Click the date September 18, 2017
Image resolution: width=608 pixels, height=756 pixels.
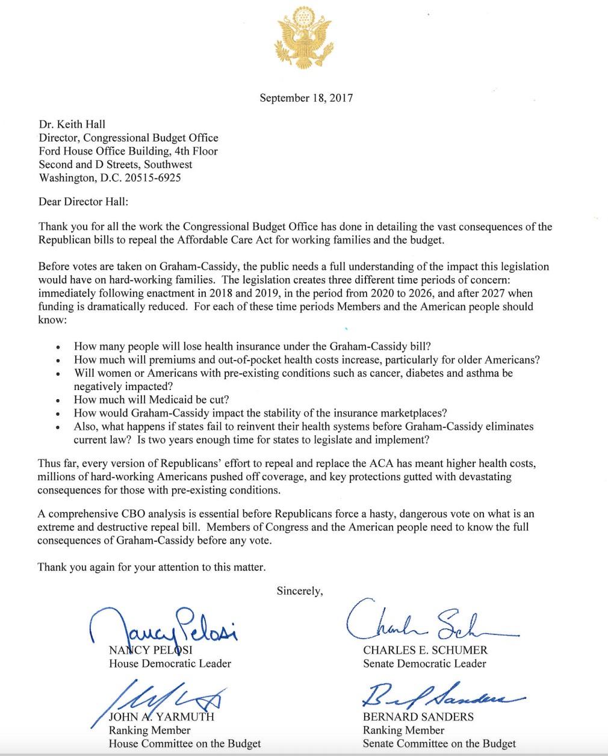[x=306, y=98]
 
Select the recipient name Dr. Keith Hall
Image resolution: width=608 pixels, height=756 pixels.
[x=72, y=125]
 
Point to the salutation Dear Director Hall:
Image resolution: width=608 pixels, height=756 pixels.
[x=83, y=202]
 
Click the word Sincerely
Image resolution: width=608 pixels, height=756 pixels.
[x=299, y=591]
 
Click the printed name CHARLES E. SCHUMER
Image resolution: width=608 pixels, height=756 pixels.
[x=425, y=650]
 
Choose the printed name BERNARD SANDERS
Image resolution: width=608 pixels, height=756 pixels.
[x=418, y=717]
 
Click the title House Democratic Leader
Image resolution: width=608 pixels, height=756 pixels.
[x=170, y=663]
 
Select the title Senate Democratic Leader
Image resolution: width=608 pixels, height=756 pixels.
[x=424, y=663]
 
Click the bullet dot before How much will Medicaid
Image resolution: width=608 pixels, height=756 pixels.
[x=58, y=401]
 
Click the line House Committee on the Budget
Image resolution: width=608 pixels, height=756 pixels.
[x=184, y=743]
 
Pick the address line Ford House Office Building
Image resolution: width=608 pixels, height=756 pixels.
[x=128, y=151]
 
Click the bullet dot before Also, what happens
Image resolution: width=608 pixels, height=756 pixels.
[x=58, y=427]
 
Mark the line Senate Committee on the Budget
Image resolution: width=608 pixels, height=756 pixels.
[x=439, y=743]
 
